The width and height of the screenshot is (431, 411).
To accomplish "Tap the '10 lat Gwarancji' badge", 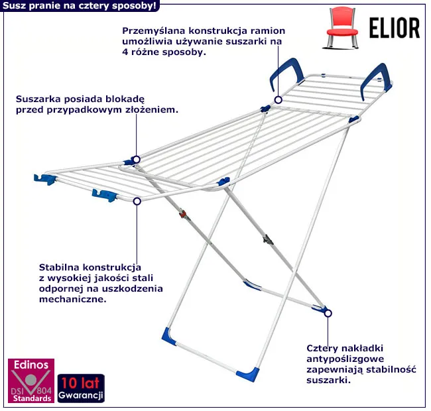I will (x=81, y=389).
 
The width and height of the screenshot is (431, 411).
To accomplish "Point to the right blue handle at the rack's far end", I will (x=375, y=78).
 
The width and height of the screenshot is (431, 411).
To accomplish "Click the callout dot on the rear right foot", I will (x=328, y=313).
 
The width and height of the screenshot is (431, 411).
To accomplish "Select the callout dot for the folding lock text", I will (x=136, y=159).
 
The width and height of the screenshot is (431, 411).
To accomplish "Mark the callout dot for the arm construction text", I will (x=278, y=100).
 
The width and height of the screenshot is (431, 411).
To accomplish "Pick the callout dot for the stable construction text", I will (x=137, y=200).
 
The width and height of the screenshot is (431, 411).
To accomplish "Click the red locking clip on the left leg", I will (x=183, y=215).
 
